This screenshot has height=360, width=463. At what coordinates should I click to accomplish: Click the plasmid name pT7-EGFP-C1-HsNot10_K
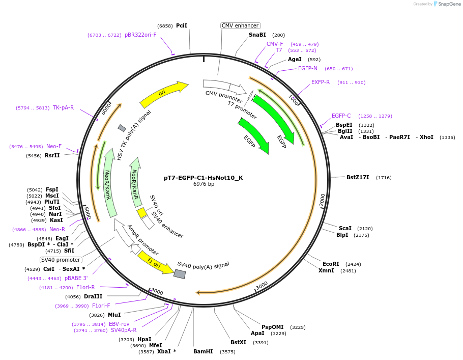[203, 178]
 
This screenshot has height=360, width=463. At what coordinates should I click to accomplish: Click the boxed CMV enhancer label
[240, 25]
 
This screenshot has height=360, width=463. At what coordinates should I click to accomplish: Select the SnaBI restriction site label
[257, 35]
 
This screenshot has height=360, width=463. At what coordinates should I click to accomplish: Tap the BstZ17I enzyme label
[359, 177]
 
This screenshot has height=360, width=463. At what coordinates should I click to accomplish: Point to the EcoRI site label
[331, 264]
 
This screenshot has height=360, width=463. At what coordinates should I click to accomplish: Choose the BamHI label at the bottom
[203, 351]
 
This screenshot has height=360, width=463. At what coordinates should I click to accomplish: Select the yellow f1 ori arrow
[156, 262]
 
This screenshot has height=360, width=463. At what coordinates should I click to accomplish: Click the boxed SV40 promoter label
[61, 260]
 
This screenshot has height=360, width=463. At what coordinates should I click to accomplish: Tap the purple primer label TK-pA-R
[63, 108]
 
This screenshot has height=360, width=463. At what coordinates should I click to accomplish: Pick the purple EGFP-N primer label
[307, 69]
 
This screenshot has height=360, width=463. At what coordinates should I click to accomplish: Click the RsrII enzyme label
[52, 155]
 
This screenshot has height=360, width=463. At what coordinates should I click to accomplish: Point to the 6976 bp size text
[204, 184]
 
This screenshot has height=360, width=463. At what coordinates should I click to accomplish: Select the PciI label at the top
[182, 25]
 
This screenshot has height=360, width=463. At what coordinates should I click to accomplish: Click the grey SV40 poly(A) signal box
[180, 274]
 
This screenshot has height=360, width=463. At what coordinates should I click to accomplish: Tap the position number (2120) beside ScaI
[365, 229]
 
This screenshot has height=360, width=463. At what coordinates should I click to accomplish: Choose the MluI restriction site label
[114, 315]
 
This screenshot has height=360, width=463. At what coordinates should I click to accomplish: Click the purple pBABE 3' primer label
[76, 279]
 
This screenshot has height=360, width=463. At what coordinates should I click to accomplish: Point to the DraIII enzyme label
[93, 297]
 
